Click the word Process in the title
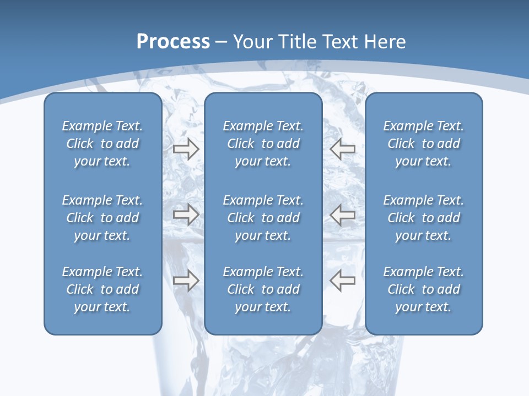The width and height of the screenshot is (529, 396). tap(173, 42)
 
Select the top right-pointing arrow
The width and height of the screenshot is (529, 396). tap(186, 148)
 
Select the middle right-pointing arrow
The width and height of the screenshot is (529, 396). tap(186, 215)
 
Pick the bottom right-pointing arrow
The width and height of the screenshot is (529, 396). tap(186, 280)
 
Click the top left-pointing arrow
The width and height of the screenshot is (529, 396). tap(342, 148)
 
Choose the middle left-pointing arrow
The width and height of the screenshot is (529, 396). tap(342, 215)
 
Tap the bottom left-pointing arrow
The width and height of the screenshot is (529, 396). tap(342, 280)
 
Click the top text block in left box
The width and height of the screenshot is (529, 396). tap(102, 144)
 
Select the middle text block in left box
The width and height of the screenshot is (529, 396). tap(102, 218)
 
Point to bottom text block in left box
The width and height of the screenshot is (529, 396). tap(102, 289)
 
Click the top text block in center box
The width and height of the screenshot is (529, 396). tap(263, 144)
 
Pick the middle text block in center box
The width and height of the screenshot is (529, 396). tap(263, 218)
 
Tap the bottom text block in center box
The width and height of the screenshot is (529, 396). tap(263, 289)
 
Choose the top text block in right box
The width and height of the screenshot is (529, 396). tap(424, 144)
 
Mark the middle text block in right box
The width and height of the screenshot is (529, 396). tap(424, 218)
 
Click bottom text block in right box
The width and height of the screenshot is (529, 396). tap(424, 289)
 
